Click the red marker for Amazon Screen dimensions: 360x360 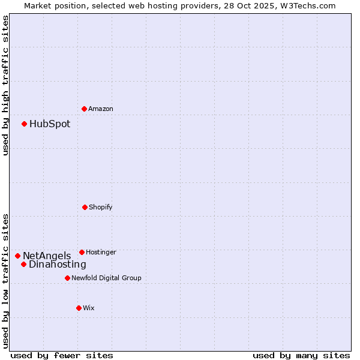pos(84,109)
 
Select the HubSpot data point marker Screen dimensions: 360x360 pos(24,124)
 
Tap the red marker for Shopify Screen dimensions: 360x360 pos(85,207)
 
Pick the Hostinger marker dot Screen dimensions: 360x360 pos(82,252)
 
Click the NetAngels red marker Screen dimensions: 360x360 pos(17,256)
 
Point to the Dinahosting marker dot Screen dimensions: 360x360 pos(23,264)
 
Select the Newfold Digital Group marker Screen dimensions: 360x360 pos(67,278)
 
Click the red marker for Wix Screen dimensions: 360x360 pos(79,308)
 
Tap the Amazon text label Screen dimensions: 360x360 pos(101,109)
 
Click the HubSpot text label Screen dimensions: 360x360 pos(50,124)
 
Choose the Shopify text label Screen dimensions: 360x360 pos(101,207)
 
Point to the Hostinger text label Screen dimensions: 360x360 pos(101,252)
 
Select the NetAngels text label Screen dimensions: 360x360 pos(47,256)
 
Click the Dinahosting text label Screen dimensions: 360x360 pos(58,265)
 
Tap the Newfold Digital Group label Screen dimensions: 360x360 pos(106,278)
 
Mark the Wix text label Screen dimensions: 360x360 pos(89,308)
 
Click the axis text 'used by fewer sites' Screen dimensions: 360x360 pos(62,355)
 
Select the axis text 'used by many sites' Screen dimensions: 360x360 pos(301,355)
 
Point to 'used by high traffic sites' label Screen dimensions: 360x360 pos(5,85)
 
